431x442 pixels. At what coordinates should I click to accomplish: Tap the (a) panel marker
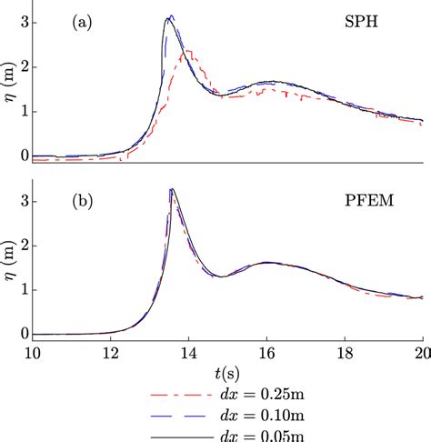click(x=85, y=25)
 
